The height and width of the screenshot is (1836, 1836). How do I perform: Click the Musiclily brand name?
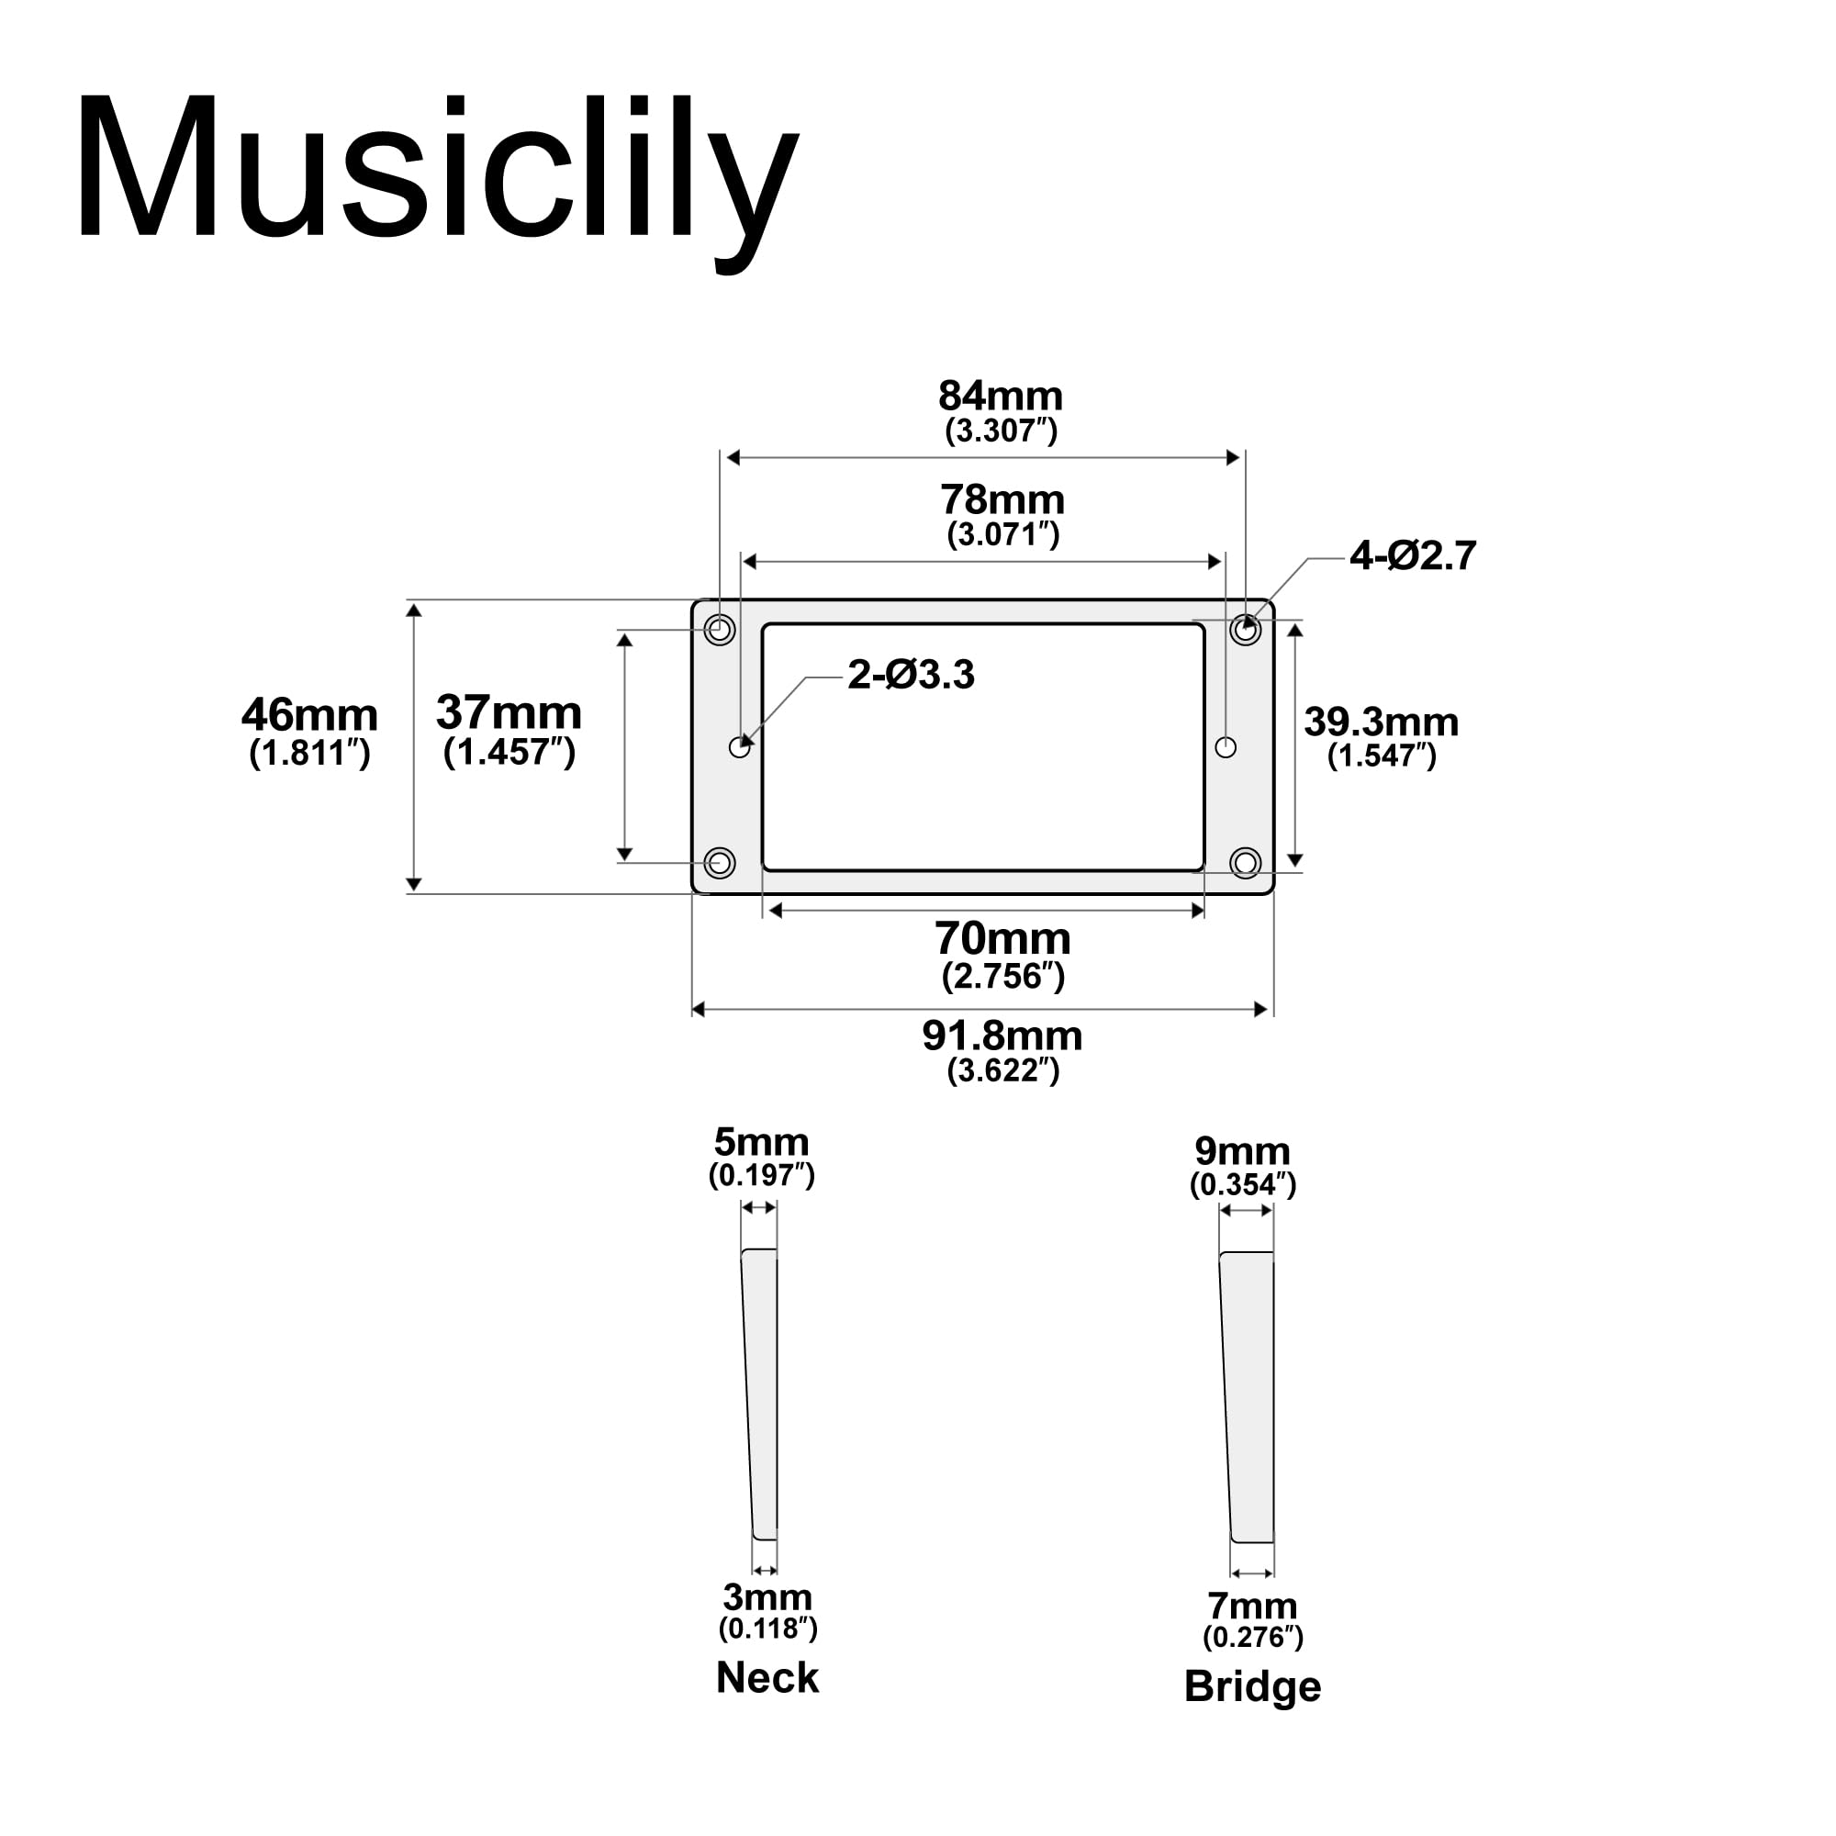pyautogui.click(x=437, y=171)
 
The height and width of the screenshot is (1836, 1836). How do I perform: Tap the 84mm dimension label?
pyautogui.click(x=1000, y=397)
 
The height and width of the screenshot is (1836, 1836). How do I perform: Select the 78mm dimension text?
pyautogui.click(x=1002, y=501)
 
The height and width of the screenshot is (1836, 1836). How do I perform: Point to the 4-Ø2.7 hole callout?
pyautogui.click(x=1413, y=556)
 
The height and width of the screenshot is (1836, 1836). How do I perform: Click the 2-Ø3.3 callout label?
pyautogui.click(x=911, y=676)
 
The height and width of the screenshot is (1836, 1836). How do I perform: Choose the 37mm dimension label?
pyautogui.click(x=509, y=713)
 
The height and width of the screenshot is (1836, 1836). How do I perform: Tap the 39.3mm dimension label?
pyautogui.click(x=1381, y=723)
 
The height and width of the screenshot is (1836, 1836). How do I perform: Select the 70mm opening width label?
pyautogui.click(x=1002, y=940)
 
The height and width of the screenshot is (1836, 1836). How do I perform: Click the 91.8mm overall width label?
pyautogui.click(x=1002, y=1036)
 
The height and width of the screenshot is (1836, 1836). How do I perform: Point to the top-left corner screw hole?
pyautogui.click(x=721, y=629)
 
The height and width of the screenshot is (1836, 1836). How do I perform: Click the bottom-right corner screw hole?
pyautogui.click(x=1245, y=863)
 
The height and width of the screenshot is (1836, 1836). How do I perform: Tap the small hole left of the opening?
pyautogui.click(x=739, y=747)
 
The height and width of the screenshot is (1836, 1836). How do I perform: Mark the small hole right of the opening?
pyautogui.click(x=1226, y=747)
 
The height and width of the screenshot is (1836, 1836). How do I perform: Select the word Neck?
pyautogui.click(x=767, y=1678)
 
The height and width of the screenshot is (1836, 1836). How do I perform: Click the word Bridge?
pyautogui.click(x=1252, y=1686)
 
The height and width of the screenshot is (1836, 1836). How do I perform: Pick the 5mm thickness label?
pyautogui.click(x=761, y=1142)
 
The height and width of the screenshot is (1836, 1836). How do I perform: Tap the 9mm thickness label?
pyautogui.click(x=1242, y=1152)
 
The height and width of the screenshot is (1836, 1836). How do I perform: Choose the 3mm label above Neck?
pyautogui.click(x=767, y=1597)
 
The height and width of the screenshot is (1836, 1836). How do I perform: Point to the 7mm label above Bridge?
pyautogui.click(x=1252, y=1606)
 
